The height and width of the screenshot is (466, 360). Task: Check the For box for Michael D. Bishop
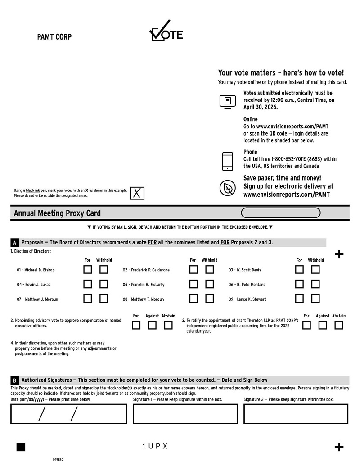point(88,270)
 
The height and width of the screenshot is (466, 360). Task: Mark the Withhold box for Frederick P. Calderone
point(209,270)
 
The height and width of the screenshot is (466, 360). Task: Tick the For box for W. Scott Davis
point(299,270)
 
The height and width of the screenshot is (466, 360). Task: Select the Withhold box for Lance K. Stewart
point(315,299)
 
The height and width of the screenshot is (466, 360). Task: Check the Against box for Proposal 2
point(152,325)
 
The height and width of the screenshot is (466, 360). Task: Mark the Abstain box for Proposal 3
point(339,325)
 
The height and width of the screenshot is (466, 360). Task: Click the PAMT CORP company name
point(54,37)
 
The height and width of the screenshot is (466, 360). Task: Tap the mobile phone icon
point(228,161)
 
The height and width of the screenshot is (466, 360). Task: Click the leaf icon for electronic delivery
point(228,188)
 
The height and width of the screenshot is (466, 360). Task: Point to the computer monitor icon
point(228,101)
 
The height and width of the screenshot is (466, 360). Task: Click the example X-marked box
point(137,193)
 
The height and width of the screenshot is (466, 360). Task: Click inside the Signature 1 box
point(185,414)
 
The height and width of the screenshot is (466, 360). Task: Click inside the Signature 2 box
point(296,414)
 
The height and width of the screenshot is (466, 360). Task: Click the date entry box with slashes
point(69,414)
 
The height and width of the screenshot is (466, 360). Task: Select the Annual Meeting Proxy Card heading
point(57,213)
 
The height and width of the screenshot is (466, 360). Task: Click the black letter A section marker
point(15,243)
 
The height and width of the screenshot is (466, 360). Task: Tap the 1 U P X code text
point(155,446)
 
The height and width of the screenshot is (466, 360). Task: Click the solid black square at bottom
point(21,447)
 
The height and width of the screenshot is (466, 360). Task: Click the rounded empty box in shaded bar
point(281,213)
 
